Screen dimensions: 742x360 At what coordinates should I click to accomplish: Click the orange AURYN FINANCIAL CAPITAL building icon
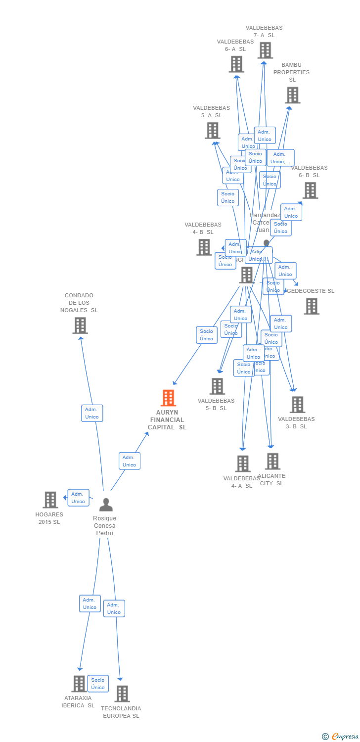point(168,398)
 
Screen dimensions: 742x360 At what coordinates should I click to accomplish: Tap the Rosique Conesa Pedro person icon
point(106,505)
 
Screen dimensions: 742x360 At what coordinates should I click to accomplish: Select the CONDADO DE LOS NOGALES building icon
point(80,325)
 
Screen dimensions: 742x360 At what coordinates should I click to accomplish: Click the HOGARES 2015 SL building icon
point(50,500)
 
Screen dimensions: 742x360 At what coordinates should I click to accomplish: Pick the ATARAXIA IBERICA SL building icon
point(79,684)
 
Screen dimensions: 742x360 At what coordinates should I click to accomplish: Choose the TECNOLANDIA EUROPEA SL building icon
point(122,694)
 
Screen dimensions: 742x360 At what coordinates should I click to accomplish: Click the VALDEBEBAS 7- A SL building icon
point(265,50)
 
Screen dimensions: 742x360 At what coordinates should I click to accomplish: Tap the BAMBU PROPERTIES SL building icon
point(292,95)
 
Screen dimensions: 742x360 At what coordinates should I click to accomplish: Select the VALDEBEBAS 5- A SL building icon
point(213,131)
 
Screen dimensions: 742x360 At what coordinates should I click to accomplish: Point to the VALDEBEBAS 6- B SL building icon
point(310,190)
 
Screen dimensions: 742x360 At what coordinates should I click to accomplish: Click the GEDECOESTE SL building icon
point(312,306)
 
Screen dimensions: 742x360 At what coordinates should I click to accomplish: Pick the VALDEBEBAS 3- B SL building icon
point(297,405)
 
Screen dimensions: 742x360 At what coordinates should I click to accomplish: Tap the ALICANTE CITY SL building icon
point(272,461)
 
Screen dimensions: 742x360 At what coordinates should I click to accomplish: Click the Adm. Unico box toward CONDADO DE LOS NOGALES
point(92,413)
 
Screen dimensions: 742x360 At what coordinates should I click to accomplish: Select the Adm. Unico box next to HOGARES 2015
point(78,498)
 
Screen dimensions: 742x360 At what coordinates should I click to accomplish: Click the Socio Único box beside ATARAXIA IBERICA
point(98,684)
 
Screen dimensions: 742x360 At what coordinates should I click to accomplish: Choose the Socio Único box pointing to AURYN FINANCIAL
point(207,335)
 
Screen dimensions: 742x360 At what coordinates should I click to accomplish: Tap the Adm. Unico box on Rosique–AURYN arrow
point(129,461)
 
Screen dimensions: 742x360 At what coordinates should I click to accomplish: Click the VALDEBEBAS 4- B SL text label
point(203,228)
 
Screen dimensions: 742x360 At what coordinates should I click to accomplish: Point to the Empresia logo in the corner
point(341,737)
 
